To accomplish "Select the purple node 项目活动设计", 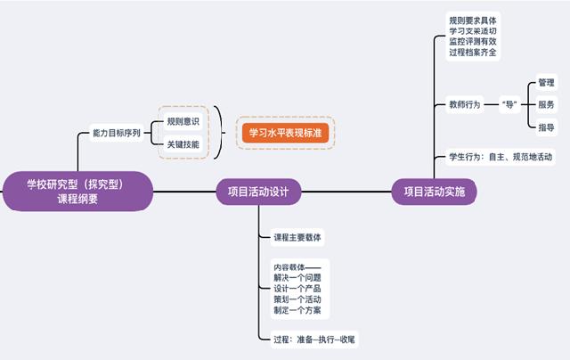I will tap(258, 191).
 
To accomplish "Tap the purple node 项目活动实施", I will tap(434, 192).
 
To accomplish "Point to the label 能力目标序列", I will tap(118, 132).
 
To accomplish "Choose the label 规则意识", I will tap(183, 121).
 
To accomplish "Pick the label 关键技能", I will tap(183, 143).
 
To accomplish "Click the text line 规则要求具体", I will tap(474, 19).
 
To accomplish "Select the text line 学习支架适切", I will tap(474, 30).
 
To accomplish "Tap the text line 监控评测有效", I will tap(474, 42).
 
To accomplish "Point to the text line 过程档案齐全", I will tap(474, 53).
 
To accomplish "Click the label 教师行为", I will tap(465, 104).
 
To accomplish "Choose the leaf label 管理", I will tap(547, 82).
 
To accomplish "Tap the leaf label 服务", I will tap(547, 104).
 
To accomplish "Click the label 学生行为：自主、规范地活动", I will tap(501, 158).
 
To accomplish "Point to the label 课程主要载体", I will tap(297, 238).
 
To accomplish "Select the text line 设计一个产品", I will tap(297, 289).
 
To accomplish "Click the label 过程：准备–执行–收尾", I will tap(316, 340).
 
